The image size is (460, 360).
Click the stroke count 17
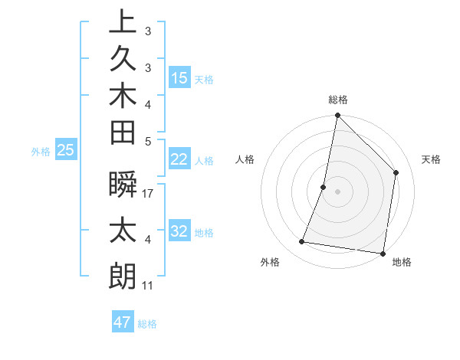click(x=149, y=194)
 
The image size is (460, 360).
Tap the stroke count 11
click(x=148, y=286)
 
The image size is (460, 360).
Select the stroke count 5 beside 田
click(x=148, y=141)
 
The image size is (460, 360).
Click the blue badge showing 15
click(x=179, y=78)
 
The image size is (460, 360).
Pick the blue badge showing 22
click(x=179, y=159)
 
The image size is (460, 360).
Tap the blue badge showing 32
click(x=179, y=232)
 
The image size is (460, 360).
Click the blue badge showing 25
click(x=65, y=151)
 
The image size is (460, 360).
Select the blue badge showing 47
click(x=123, y=322)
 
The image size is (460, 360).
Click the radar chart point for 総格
click(x=337, y=116)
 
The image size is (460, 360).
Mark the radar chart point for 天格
click(x=396, y=172)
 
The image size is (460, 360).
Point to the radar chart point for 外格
click(x=302, y=242)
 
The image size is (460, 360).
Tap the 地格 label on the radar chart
click(x=401, y=262)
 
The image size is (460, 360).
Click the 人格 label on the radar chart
click(x=245, y=159)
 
